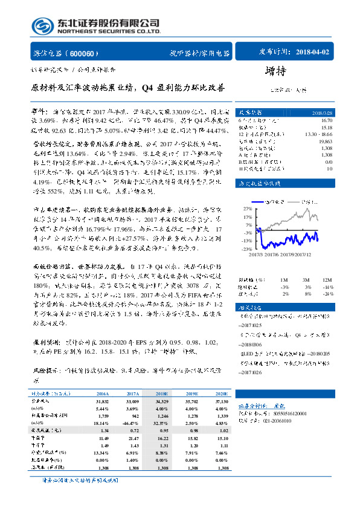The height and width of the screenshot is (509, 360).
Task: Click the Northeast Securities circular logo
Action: click(43, 27)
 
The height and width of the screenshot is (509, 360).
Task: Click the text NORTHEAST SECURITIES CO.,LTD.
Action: click(108, 31)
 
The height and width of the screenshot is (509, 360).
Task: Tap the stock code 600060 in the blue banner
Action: click(88, 53)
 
